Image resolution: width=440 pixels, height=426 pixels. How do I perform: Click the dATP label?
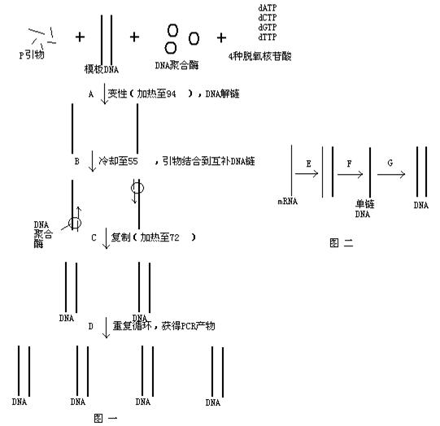pos(268,8)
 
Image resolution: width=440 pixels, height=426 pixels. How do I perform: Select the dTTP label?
pos(268,37)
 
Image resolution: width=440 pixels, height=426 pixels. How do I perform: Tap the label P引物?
pos(32,54)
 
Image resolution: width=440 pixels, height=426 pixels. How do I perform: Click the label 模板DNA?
pos(102,69)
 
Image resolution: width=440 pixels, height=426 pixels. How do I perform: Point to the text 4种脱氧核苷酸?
pos(259,56)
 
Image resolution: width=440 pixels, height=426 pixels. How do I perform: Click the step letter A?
pos(90,94)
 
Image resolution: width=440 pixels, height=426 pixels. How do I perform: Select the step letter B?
pos(77,161)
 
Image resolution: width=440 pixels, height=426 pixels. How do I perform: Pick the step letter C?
pos(94,238)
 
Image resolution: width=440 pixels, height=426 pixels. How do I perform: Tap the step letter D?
pos(90,326)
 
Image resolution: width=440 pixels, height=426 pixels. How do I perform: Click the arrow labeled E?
pos(307,174)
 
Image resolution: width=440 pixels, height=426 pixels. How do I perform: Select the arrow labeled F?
pos(350,175)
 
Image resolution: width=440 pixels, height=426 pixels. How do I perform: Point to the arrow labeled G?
pos(391,175)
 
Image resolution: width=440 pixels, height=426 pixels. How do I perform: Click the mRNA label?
pos(288,202)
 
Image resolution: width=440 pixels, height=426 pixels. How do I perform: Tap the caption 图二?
pos(342,243)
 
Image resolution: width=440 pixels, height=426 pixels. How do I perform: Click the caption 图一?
pos(106,418)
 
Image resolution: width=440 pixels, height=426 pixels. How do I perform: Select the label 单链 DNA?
pos(364,209)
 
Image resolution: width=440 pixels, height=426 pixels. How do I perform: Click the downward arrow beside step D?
pos(106,328)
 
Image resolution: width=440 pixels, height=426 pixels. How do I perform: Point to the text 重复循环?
pos(133,326)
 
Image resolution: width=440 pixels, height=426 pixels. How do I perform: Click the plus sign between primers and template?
pos(80,37)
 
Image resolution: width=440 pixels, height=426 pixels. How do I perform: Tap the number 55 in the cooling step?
pos(133,161)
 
